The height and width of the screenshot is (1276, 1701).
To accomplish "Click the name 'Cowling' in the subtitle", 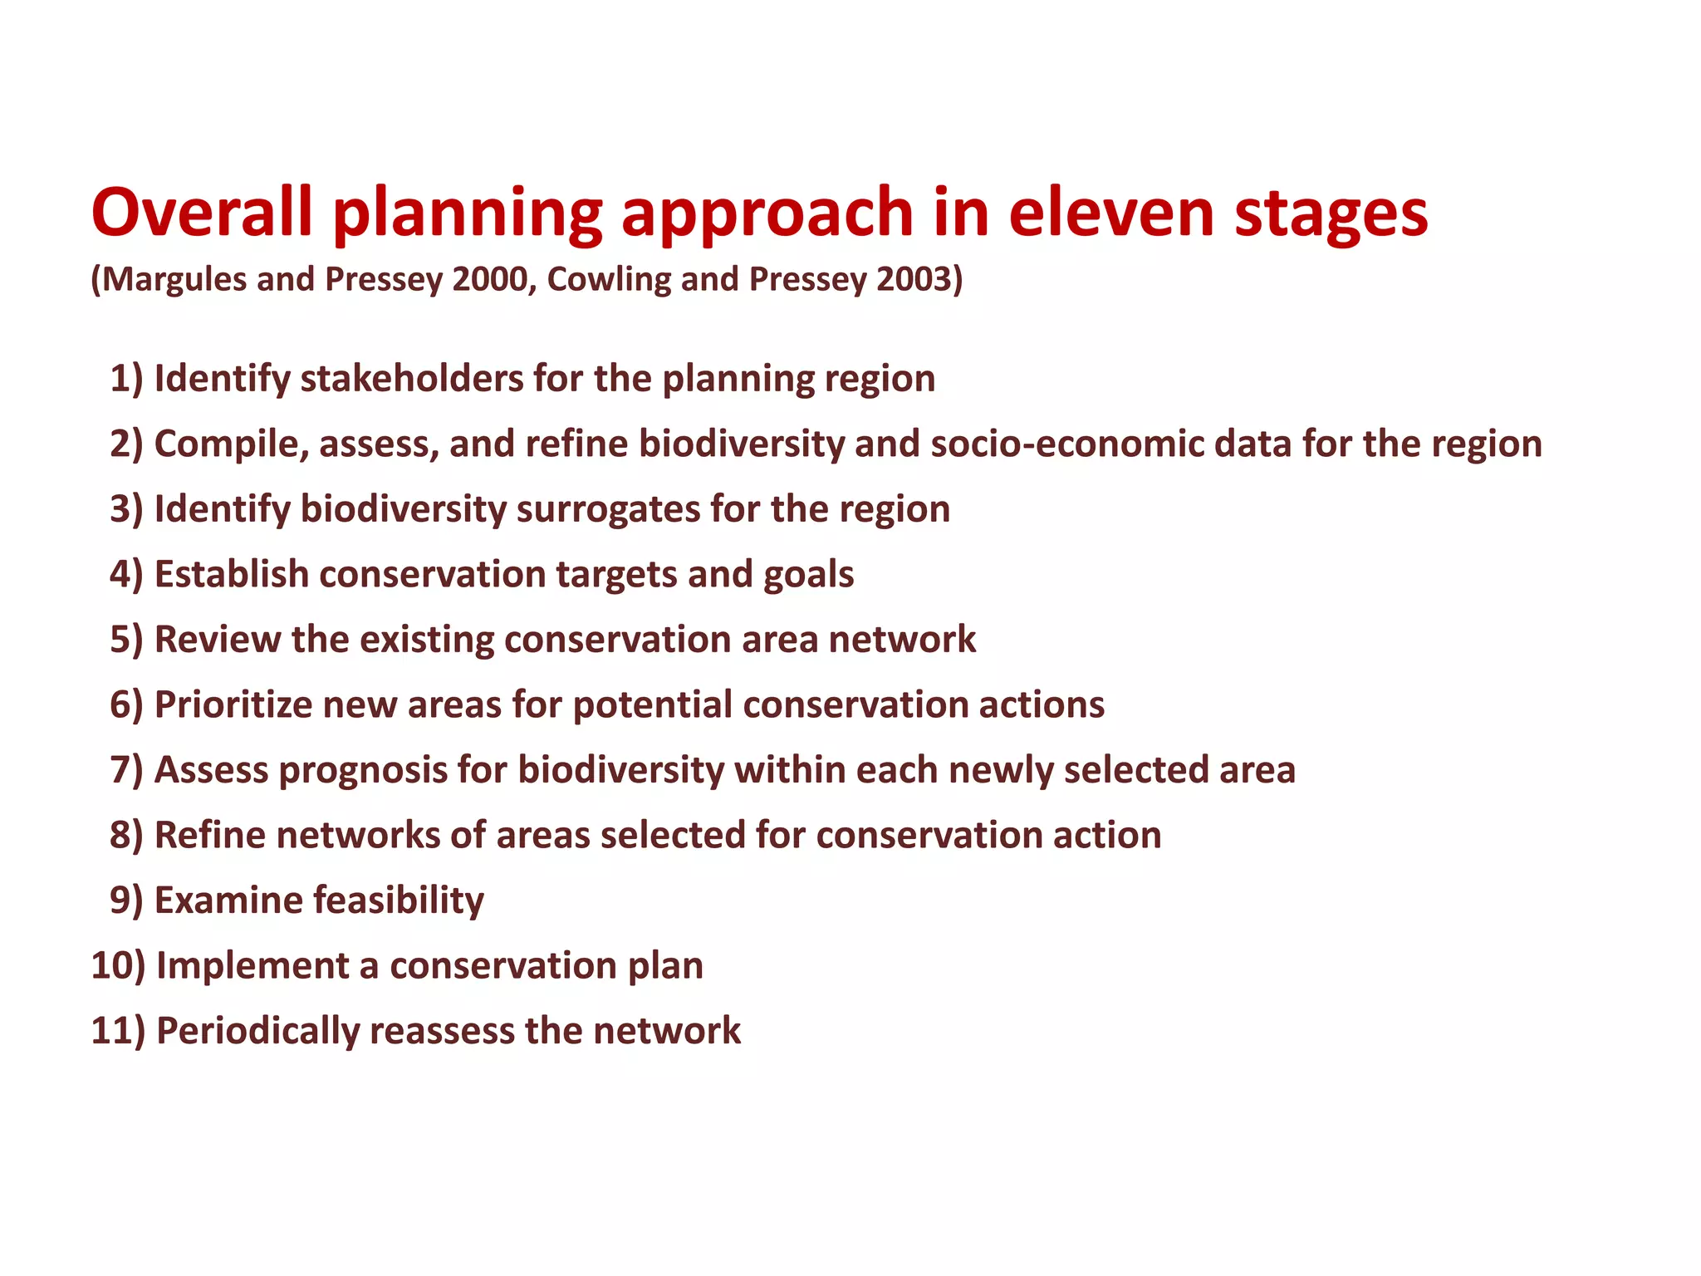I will [x=608, y=279].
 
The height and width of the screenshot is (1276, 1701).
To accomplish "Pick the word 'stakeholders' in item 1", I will [x=410, y=379].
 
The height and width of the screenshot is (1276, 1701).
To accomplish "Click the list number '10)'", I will [x=118, y=966].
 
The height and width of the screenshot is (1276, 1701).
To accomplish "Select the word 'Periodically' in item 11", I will [x=257, y=1032].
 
